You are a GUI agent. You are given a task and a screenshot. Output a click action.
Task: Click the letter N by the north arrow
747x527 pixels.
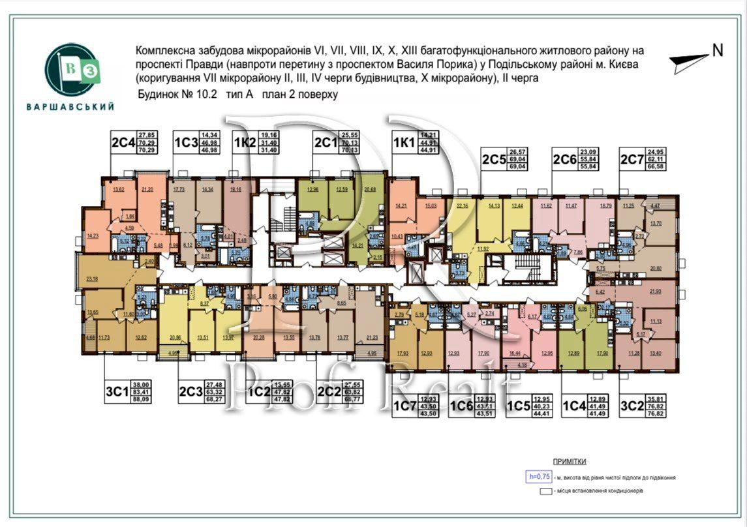pos(718,51)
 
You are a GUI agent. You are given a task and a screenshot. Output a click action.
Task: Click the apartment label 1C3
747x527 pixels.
pos(186,142)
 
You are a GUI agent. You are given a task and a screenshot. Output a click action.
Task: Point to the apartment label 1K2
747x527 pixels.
pos(246,142)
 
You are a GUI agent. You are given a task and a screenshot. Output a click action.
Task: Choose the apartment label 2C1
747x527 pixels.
pos(326,142)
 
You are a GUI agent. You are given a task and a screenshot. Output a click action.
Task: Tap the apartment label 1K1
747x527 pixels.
pos(404,142)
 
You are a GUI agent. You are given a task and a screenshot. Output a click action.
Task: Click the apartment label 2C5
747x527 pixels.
pos(495,158)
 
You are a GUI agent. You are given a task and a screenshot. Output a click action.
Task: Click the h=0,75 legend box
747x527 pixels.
pos(538,476)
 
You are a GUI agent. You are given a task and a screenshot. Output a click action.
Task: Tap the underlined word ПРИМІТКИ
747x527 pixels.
pos(569,460)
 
